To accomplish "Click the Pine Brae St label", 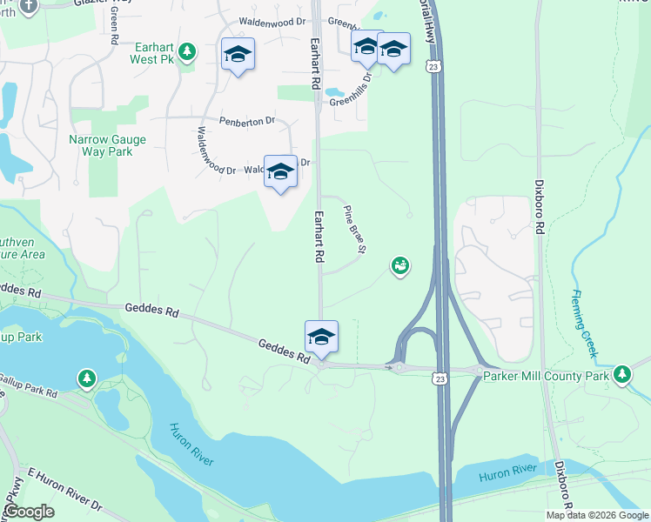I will click(x=353, y=230).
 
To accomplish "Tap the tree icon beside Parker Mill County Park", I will click(x=621, y=374).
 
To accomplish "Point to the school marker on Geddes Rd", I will click(x=321, y=338).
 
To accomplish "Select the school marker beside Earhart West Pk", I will click(x=238, y=56).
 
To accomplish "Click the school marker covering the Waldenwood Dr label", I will click(x=280, y=171).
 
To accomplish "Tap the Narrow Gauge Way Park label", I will click(x=107, y=145).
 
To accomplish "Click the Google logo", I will click(x=30, y=511).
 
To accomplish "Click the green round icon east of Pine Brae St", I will click(x=399, y=265).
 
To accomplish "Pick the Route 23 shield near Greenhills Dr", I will click(x=432, y=66).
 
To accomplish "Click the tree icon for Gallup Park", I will click(x=86, y=378).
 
